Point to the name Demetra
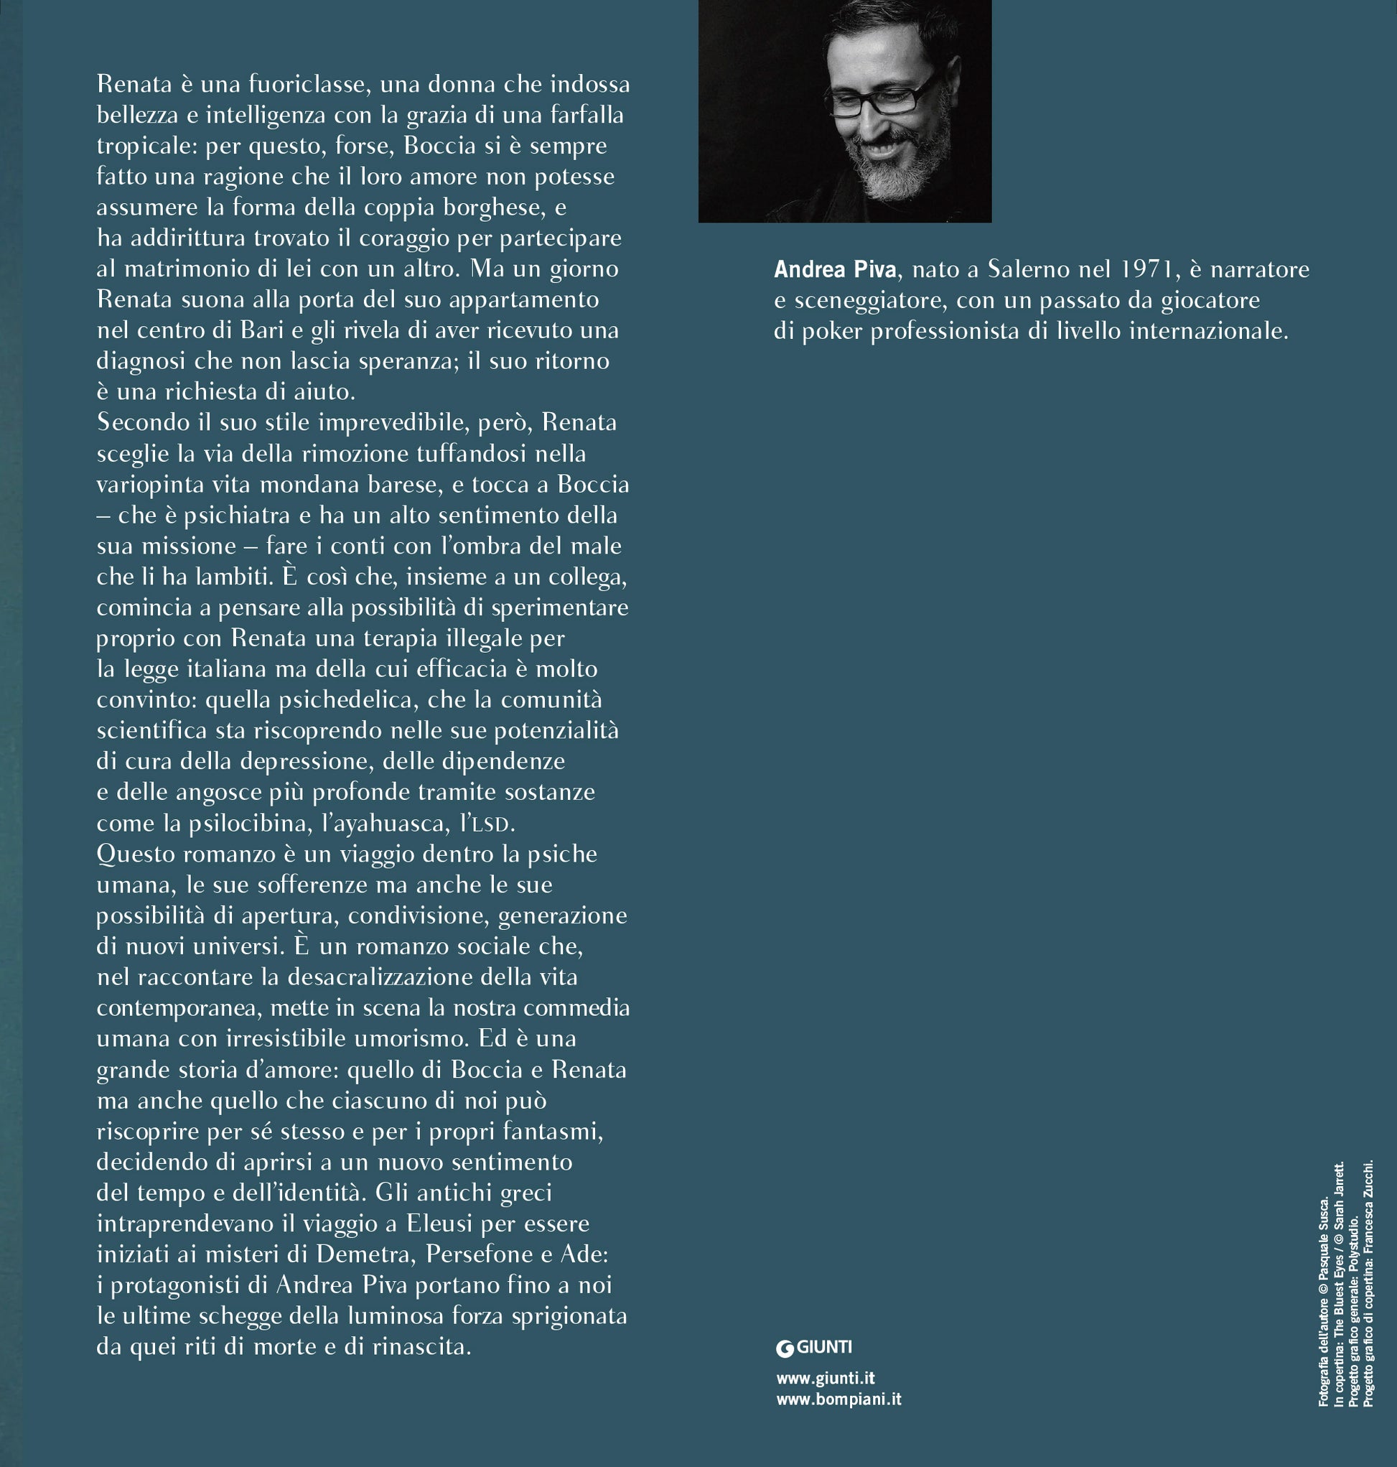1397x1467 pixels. [x=363, y=1254]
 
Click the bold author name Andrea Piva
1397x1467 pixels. [x=835, y=269]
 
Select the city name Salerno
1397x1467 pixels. [x=1032, y=269]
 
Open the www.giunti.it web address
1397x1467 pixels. [x=825, y=1379]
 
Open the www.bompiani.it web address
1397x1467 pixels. [x=838, y=1400]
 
